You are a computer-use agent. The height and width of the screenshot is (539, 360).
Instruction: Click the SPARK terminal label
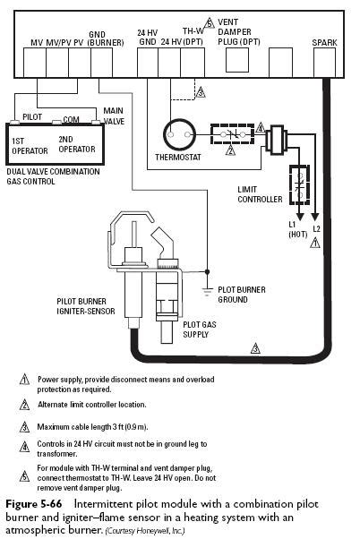pyautogui.click(x=324, y=43)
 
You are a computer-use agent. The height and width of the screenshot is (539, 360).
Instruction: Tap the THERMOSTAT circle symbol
pyautogui.click(x=179, y=134)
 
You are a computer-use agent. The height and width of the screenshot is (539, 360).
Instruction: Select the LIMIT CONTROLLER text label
pyautogui.click(x=260, y=194)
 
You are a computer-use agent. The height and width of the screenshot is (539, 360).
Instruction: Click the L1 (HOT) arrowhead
pyautogui.click(x=300, y=217)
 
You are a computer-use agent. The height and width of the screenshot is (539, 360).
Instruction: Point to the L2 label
pyautogui.click(x=316, y=228)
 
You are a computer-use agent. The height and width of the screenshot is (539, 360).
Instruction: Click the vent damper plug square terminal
pyautogui.click(x=237, y=60)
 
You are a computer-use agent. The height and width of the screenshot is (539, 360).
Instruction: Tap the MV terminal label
pyautogui.click(x=37, y=43)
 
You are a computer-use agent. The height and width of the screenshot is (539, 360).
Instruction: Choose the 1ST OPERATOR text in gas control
pyautogui.click(x=30, y=146)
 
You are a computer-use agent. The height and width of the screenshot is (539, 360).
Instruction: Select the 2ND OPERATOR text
pyautogui.click(x=76, y=144)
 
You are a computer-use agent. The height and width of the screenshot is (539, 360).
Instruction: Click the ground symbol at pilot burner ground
pyautogui.click(x=207, y=292)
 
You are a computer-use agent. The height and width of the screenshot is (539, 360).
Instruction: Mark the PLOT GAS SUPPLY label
pyautogui.click(x=200, y=329)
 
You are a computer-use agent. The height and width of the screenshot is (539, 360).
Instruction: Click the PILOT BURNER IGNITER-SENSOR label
pyautogui.click(x=86, y=306)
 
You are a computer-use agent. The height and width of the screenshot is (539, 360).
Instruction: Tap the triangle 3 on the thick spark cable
pyautogui.click(x=255, y=348)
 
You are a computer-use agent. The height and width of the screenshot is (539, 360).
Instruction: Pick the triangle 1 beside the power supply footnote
pyautogui.click(x=24, y=380)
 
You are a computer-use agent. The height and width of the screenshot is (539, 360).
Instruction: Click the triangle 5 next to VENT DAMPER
pyautogui.click(x=209, y=23)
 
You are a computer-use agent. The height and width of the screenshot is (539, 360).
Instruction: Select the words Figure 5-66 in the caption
pyautogui.click(x=34, y=504)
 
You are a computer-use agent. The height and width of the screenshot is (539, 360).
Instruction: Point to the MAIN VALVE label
pyautogui.click(x=114, y=115)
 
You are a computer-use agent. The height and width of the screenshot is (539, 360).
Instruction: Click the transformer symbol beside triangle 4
pyautogui.click(x=277, y=139)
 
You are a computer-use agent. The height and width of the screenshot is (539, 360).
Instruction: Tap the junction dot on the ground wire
pyautogui.click(x=207, y=271)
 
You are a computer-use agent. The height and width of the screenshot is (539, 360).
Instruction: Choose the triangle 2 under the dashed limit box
pyautogui.click(x=230, y=150)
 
